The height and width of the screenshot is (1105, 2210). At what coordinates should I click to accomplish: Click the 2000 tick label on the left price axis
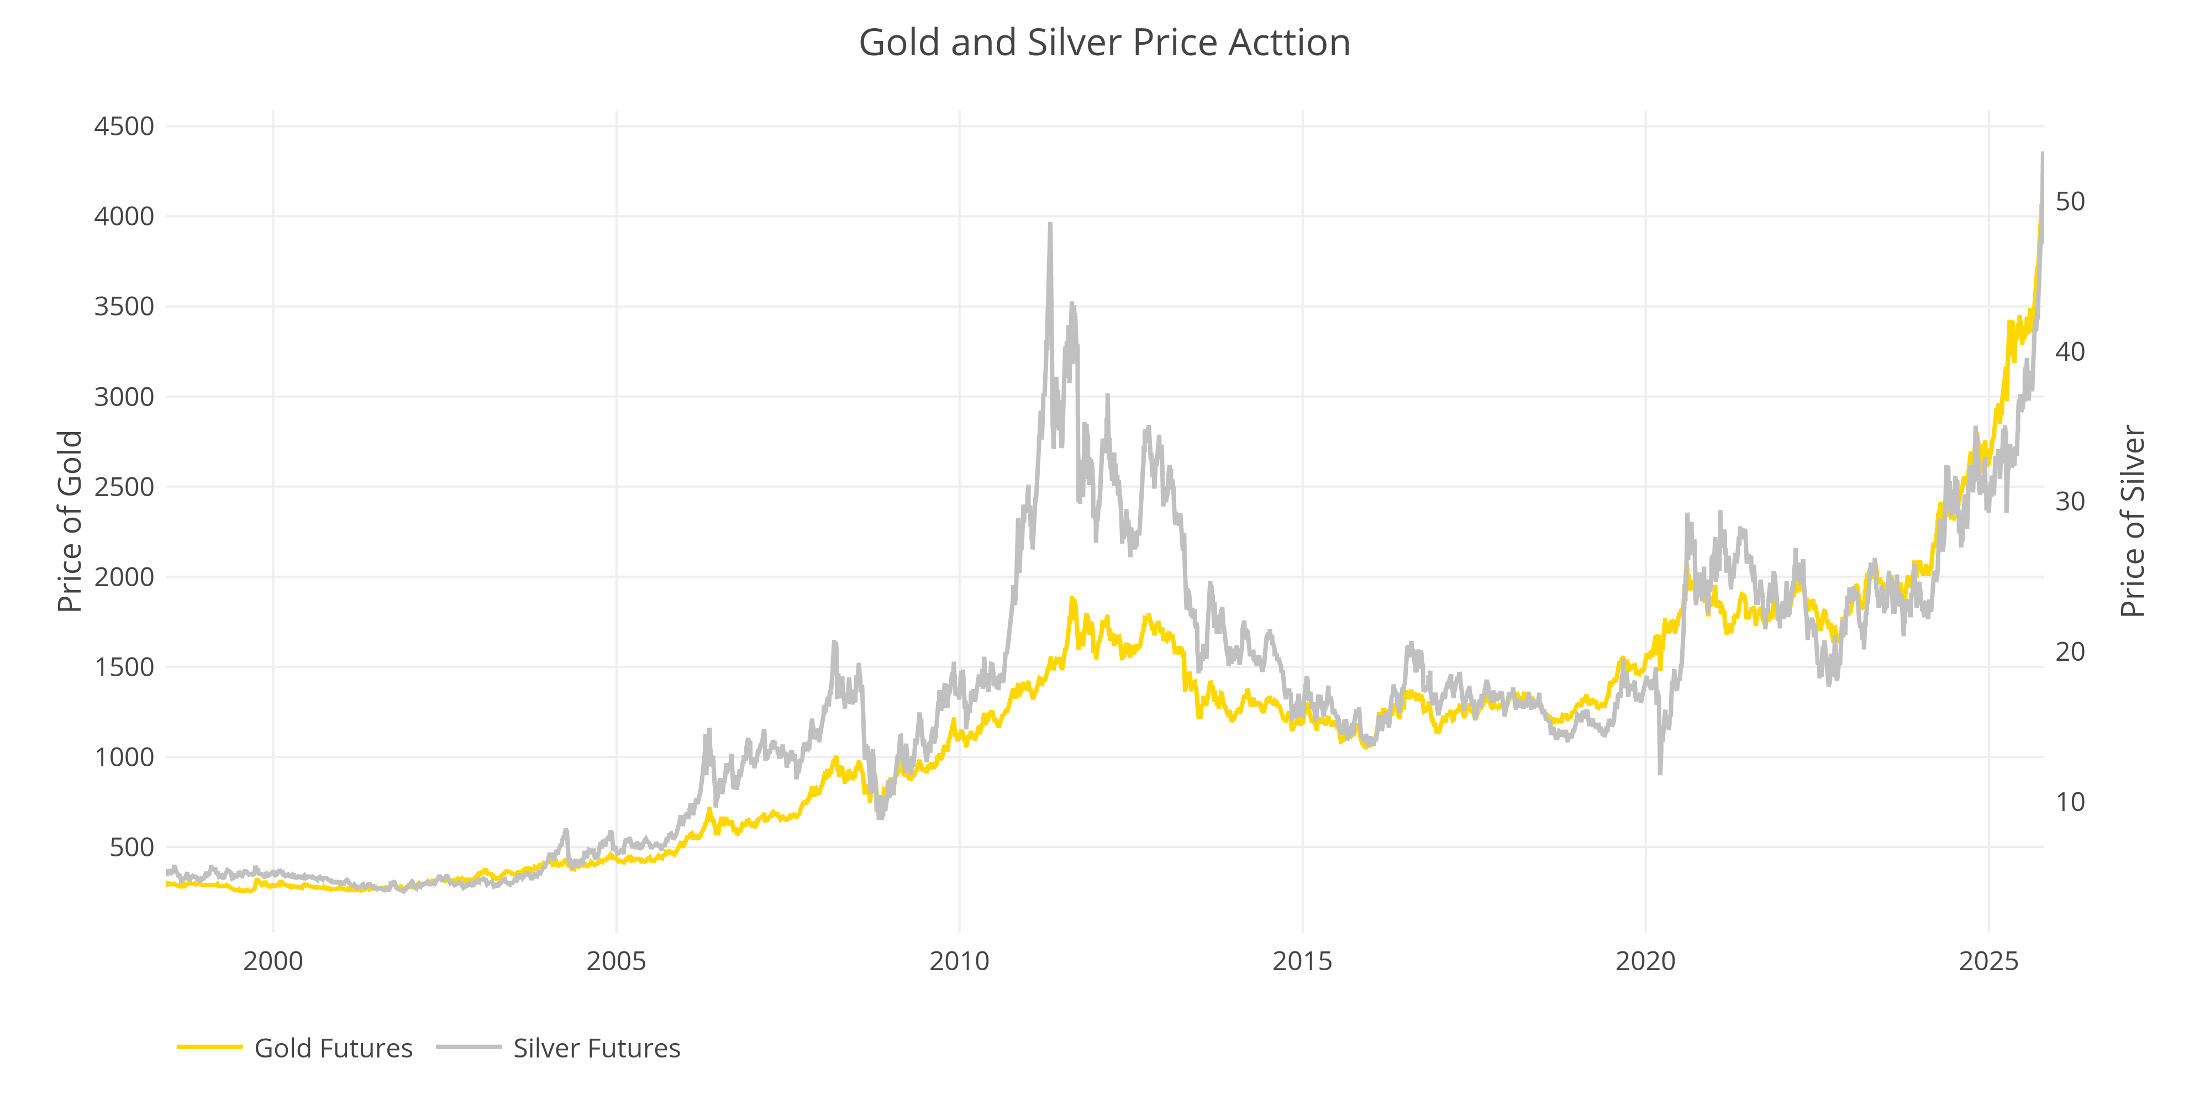pos(124,576)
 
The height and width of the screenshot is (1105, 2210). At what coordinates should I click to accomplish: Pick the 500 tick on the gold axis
pos(131,847)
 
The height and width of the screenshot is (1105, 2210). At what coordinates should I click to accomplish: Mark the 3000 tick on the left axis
pos(124,396)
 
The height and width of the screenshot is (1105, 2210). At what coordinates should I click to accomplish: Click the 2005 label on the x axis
pos(616,961)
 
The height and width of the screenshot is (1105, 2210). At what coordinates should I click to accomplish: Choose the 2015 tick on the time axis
pos(1302,961)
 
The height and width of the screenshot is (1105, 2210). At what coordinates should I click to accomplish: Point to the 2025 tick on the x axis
pos(1988,961)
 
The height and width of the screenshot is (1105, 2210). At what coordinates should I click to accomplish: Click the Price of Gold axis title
pos(70,522)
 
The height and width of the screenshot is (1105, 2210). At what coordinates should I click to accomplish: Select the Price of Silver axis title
pos(2132,522)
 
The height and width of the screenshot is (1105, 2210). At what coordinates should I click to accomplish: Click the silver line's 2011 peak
pos(1050,225)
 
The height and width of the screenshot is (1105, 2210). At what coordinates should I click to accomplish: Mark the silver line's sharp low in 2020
pos(1660,773)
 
